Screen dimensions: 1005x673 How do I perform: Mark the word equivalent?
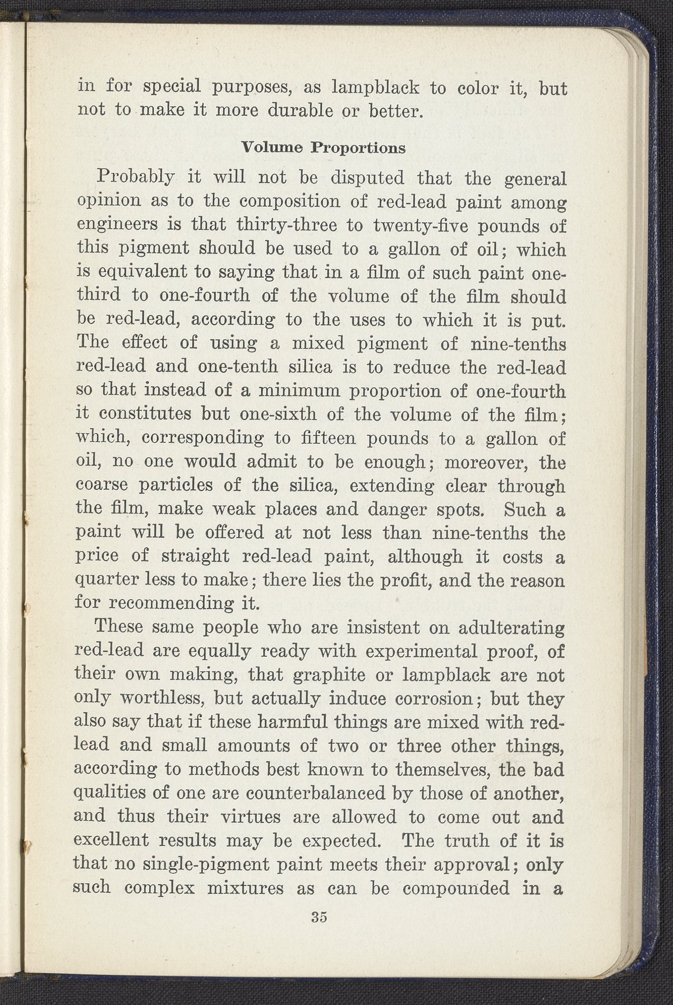[142, 273]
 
